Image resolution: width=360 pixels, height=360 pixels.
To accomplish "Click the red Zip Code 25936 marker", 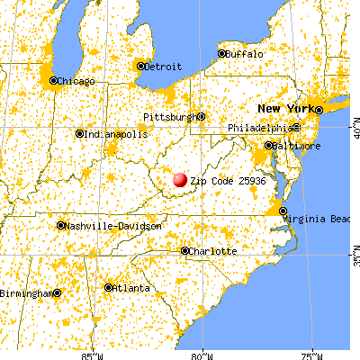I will coord(181,181).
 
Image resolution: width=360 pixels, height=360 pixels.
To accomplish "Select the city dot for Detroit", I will coord(139,66).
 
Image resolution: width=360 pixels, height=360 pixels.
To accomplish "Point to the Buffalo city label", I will coord(246,54).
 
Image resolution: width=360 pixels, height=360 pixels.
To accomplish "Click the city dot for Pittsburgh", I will coord(202,116).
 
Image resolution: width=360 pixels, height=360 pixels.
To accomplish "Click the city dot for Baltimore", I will coord(268,145).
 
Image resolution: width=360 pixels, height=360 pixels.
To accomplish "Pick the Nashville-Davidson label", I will coord(113,226).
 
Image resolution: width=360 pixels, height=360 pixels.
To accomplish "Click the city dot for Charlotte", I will coord(184,251).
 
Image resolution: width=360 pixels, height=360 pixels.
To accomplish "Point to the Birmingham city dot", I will coord(57,292).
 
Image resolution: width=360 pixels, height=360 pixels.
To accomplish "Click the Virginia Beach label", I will coord(319,218).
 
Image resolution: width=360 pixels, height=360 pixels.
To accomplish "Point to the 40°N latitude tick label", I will coord(354,132).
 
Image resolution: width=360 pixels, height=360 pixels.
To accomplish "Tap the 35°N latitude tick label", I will coord(354,258).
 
